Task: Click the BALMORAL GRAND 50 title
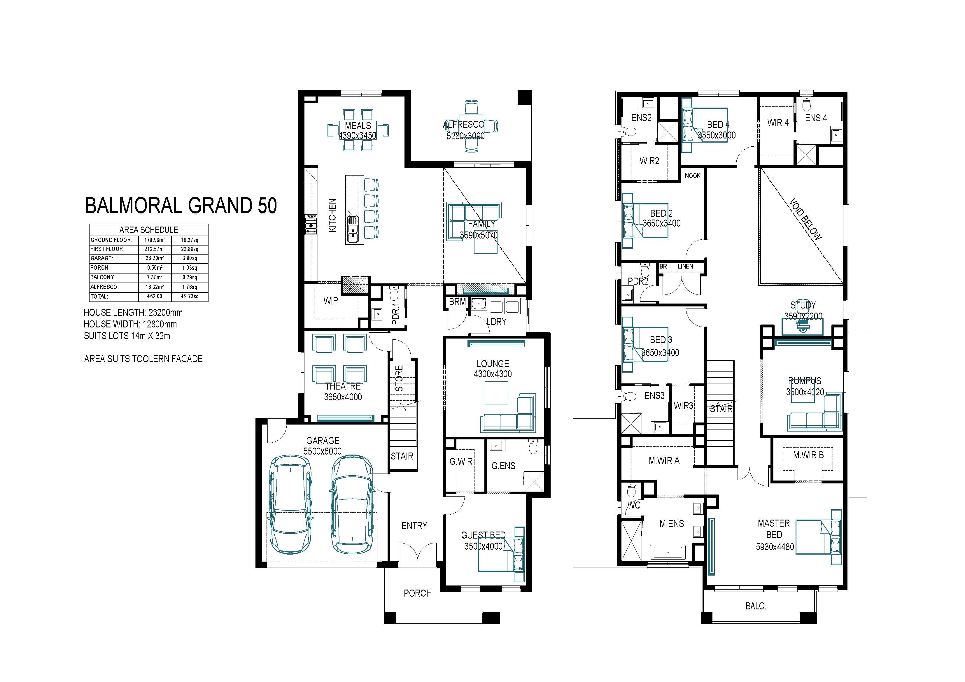[181, 206]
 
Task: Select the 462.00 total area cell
[155, 296]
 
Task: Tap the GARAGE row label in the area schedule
[102, 258]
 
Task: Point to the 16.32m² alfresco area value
[155, 287]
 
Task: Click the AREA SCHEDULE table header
[149, 230]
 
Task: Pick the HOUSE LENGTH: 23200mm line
[133, 313]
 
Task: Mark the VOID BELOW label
[805, 219]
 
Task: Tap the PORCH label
[418, 593]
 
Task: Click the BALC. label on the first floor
[756, 606]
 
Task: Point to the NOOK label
[693, 176]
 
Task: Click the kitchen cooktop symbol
[311, 224]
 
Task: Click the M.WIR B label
[808, 455]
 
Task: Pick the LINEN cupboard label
[686, 267]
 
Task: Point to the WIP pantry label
[331, 301]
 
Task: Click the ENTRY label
[414, 526]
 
